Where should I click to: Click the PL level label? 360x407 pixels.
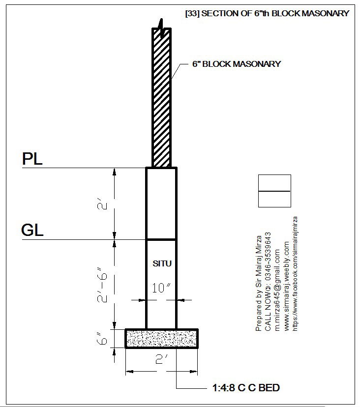click(x=32, y=159)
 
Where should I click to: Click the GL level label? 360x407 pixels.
click(x=32, y=230)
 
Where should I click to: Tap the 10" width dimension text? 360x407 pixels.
click(x=161, y=288)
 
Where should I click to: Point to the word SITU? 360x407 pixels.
click(x=162, y=264)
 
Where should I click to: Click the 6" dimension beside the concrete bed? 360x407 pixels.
click(x=102, y=338)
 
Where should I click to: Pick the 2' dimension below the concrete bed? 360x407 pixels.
click(x=162, y=359)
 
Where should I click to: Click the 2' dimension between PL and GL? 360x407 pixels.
click(x=102, y=204)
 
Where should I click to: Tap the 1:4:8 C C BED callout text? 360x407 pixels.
click(x=246, y=388)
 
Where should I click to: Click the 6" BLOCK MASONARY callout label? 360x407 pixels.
click(x=237, y=64)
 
